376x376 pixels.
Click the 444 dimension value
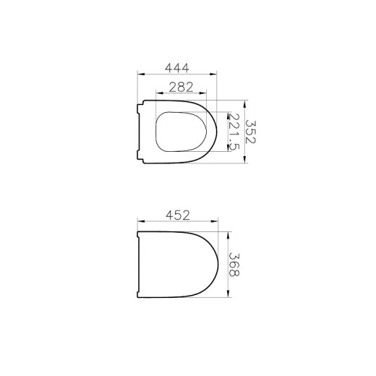(x=177, y=68)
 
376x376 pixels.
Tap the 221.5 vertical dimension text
(x=233, y=132)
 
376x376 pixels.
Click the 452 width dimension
(x=177, y=215)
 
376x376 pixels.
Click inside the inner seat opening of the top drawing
(x=184, y=132)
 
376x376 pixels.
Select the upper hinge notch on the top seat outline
(x=139, y=110)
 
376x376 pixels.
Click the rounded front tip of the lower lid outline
(x=217, y=265)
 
